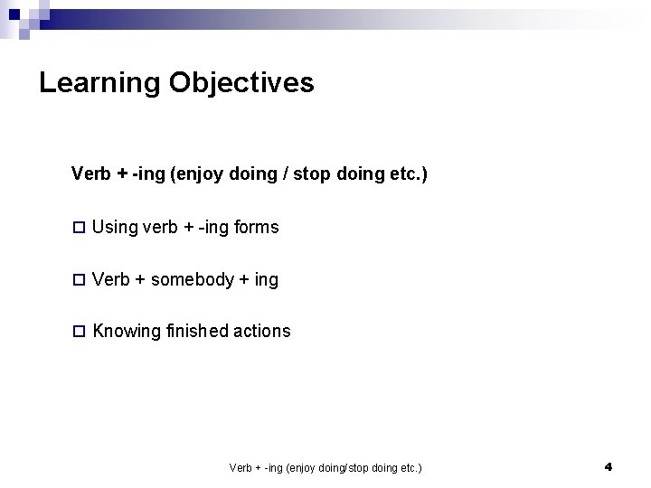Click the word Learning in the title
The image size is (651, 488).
click(100, 84)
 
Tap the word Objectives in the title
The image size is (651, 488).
click(241, 84)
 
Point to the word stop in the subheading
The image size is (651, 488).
click(314, 174)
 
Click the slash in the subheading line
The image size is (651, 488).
click(287, 174)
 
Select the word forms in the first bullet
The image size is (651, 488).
click(257, 228)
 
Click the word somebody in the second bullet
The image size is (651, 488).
click(192, 280)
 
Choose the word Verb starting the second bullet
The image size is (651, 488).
click(111, 280)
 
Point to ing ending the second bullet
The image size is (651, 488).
click(267, 280)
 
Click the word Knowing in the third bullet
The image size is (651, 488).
click(127, 332)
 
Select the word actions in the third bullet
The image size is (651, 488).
click(262, 332)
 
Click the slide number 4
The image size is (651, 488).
click(608, 467)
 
